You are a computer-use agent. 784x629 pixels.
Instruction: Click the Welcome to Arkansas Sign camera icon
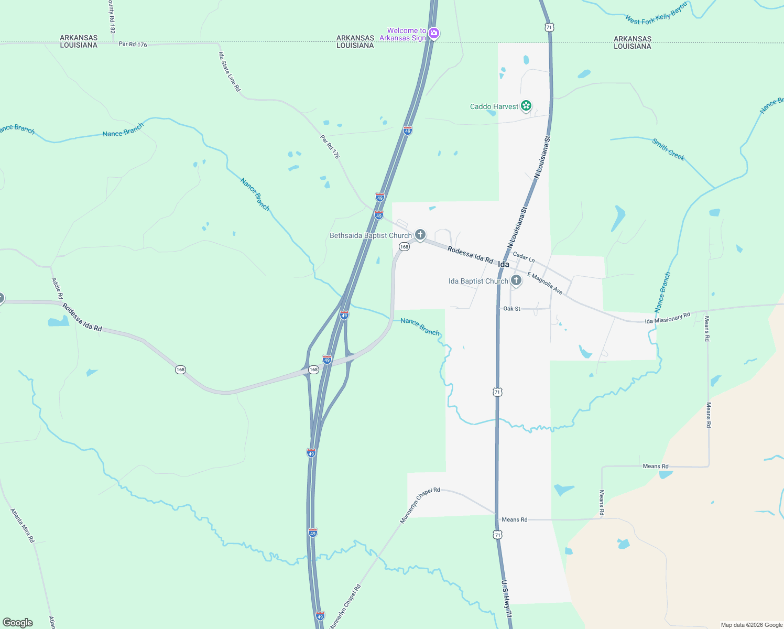tap(433, 34)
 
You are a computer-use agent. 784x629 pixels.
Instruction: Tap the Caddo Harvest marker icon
tap(526, 106)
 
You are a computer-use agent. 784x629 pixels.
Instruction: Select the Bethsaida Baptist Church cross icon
tap(420, 235)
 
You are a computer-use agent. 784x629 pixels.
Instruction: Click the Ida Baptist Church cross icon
tap(516, 281)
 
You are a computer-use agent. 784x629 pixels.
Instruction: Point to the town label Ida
tap(504, 265)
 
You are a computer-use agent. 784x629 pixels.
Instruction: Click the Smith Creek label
tap(668, 149)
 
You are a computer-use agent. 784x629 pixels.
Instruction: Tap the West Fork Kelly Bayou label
tap(656, 14)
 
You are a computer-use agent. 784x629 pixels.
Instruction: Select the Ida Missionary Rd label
tap(667, 318)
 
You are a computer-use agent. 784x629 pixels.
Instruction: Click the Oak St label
tap(511, 309)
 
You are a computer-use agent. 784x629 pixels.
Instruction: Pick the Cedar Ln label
tap(524, 257)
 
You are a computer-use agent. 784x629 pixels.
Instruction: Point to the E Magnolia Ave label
tap(545, 283)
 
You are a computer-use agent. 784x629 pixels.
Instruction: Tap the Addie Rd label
tap(57, 289)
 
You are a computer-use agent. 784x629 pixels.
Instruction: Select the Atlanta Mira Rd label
tap(22, 525)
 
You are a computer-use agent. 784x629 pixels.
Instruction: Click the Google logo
tap(18, 623)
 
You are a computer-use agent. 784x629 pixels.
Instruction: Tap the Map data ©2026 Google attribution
tap(752, 625)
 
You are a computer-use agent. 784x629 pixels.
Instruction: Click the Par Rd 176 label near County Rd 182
tap(133, 45)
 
